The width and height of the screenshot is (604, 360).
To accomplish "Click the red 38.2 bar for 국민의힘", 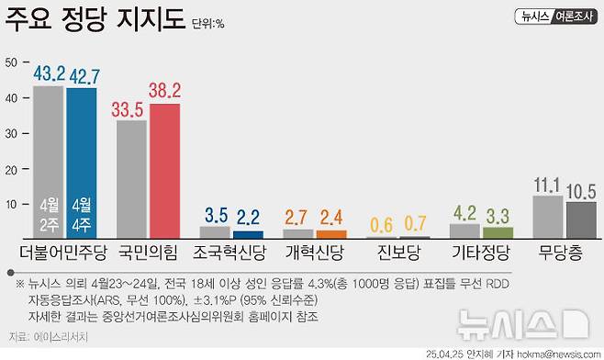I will (164, 170).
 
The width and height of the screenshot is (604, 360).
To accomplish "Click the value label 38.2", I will (165, 91).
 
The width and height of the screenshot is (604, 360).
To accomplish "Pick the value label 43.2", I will (48, 73).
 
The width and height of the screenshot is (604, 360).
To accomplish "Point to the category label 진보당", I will (400, 251).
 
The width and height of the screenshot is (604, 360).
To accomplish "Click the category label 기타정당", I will (482, 251).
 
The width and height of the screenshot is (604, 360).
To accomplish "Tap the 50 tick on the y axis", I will (12, 62).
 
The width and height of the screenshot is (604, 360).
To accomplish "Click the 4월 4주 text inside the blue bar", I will (81, 213).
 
